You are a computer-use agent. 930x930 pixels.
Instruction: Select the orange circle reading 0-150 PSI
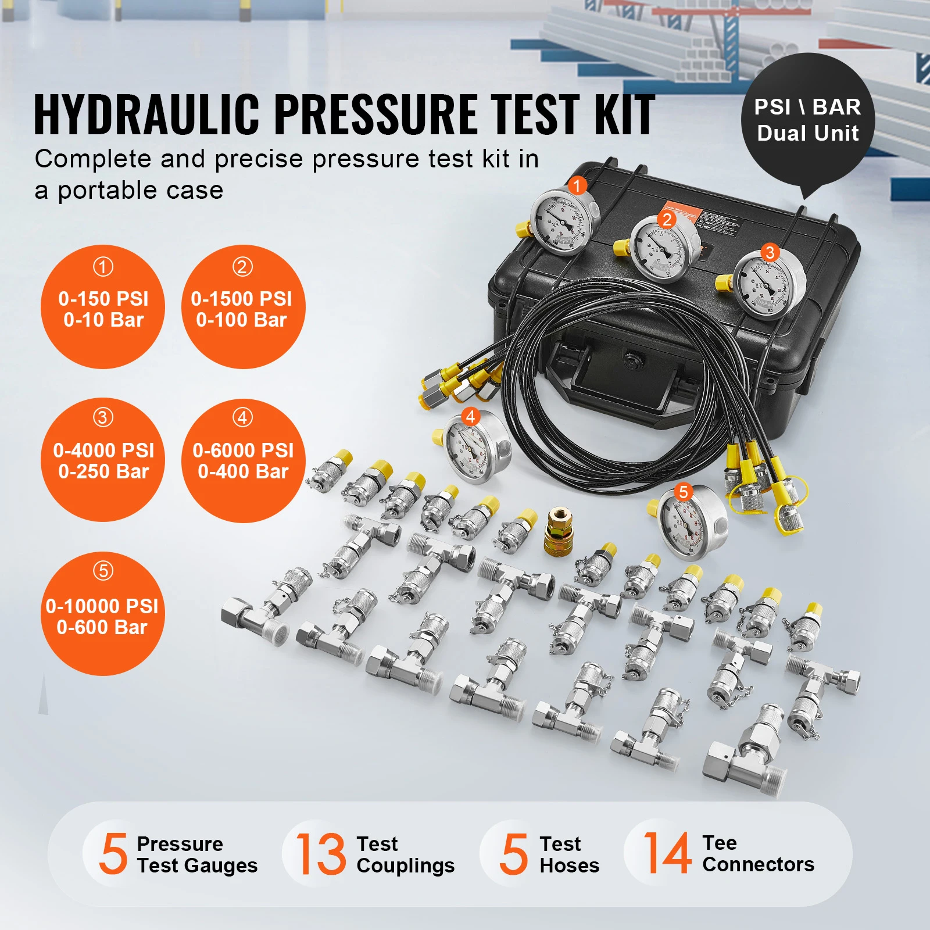coord(103,307)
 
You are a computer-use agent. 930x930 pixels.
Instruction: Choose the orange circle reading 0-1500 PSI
coord(242,307)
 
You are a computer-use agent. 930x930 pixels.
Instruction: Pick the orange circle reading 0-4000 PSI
coord(103,460)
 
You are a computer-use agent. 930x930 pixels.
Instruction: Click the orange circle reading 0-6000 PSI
coord(243,460)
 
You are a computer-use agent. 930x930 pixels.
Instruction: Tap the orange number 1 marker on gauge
coord(577,185)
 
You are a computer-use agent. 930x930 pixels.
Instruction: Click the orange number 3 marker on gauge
coord(770,252)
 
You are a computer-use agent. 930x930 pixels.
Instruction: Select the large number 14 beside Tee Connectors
coord(667,853)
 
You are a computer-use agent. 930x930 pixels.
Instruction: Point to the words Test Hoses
coord(568,854)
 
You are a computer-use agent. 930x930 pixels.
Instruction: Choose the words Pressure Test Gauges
coord(196,854)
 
